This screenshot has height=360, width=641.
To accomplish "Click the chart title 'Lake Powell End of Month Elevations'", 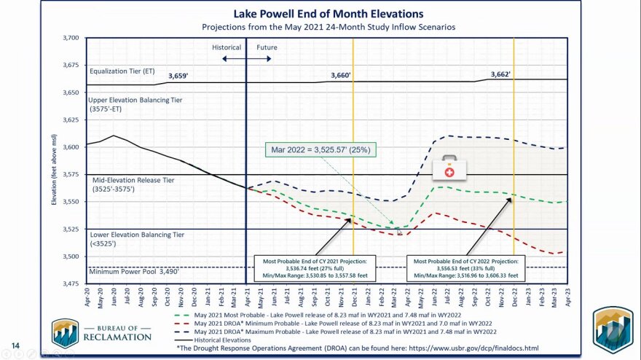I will (327, 13).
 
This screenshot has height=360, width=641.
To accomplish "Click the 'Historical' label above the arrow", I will (227, 47).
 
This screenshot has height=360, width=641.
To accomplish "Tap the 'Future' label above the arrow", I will (267, 47).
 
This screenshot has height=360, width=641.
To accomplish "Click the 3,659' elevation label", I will (178, 76).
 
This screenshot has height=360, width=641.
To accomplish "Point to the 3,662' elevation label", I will (500, 74).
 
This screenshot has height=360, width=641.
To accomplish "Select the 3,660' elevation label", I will (340, 75).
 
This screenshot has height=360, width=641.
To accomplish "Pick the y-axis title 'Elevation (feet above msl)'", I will (54, 160).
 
